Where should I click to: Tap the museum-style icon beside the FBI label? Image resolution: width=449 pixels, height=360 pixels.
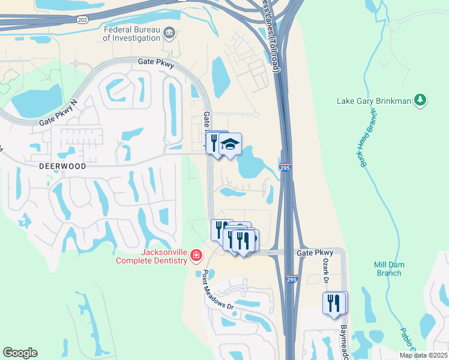point(169,32)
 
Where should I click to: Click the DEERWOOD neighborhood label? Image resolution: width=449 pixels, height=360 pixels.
point(64,166)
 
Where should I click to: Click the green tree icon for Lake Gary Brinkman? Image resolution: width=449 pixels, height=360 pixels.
point(421,100)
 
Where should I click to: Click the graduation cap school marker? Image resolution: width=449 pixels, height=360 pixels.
point(231,144)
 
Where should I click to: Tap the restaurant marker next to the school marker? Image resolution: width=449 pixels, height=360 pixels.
point(214,142)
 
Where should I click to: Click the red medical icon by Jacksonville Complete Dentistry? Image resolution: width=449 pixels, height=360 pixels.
point(196,257)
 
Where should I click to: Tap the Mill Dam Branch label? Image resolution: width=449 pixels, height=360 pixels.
point(388,269)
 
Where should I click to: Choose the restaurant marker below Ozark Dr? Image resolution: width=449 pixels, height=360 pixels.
point(334,303)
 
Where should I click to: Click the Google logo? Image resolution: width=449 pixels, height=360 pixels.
point(20,353)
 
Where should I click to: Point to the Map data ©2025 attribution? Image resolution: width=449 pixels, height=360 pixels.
point(422,355)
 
